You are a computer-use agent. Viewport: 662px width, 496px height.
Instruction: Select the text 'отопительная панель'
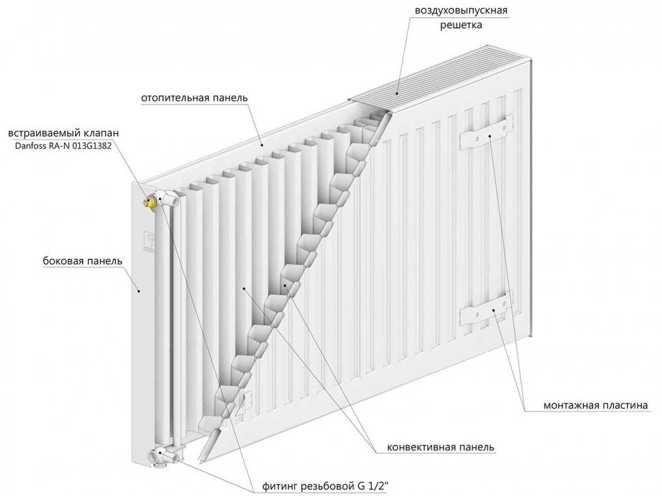195,98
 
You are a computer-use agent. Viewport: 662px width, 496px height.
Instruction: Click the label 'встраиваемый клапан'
60,133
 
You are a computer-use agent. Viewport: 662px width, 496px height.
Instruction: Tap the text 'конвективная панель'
441,447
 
